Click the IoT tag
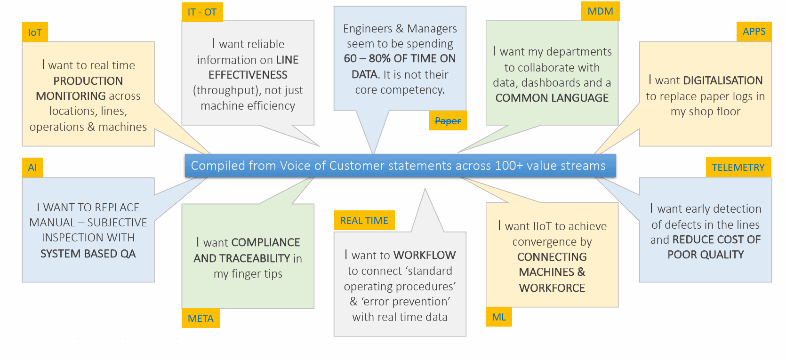[35, 32]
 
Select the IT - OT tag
[202, 12]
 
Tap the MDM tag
[600, 11]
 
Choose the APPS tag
[754, 32]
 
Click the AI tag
[32, 168]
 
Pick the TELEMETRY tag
[738, 168]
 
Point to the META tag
[201, 319]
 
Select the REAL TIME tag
[364, 221]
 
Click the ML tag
[499, 317]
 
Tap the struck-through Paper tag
[448, 121]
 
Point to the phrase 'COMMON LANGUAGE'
[552, 98]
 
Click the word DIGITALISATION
[722, 80]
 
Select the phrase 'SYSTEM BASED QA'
[88, 254]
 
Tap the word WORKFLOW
[425, 255]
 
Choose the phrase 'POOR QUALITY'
[705, 255]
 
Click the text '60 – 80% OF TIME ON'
[400, 58]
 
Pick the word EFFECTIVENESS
[248, 75]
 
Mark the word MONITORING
[71, 96]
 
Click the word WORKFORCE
[552, 288]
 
